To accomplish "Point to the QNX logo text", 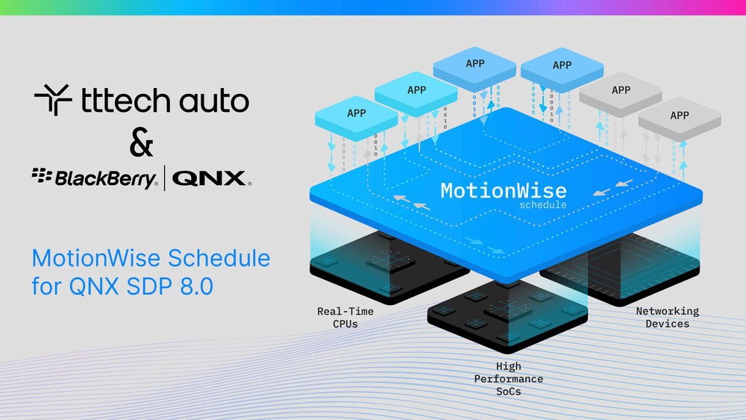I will pos(211,178).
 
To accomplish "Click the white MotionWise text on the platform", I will pos(503,190).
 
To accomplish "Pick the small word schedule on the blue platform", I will pos(542,204).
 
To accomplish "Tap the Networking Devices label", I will pos(667,316).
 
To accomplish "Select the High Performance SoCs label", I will pos(508,378).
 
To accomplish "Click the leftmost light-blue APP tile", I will pos(357,113).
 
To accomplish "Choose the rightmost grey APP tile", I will pos(679,116).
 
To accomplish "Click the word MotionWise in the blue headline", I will pos(95,259).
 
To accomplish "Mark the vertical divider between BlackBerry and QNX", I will pos(164,178).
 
